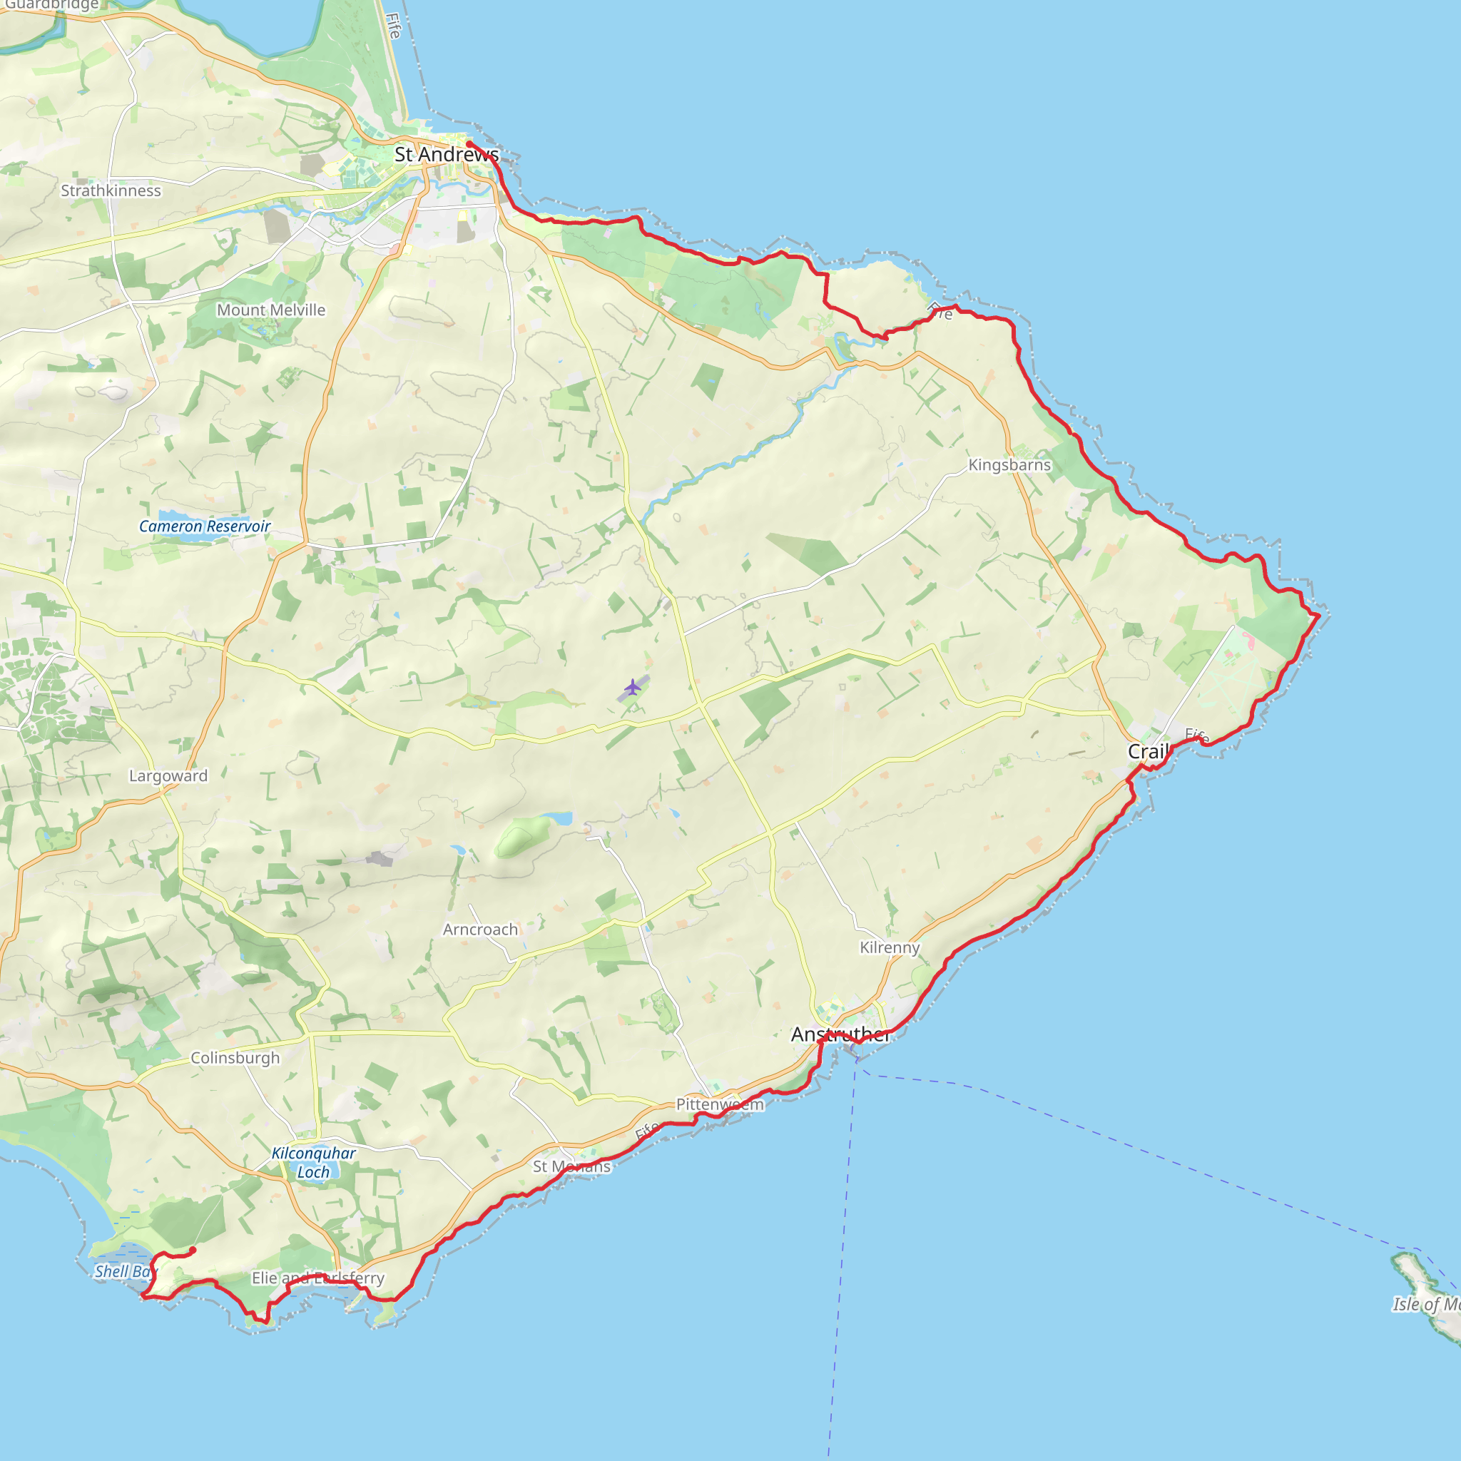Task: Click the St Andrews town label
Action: coord(446,154)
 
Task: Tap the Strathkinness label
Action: coord(111,190)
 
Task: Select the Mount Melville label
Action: coord(270,310)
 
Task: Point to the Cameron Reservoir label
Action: coord(204,526)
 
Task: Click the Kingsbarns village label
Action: coord(1009,465)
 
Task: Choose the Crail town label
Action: coord(1148,752)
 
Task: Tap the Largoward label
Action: coord(168,776)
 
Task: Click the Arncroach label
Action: coord(480,930)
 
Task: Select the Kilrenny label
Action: coord(890,947)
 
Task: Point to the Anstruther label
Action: coord(840,1034)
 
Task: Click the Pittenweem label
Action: coord(719,1104)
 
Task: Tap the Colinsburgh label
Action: coord(235,1058)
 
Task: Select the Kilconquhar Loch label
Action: coord(313,1162)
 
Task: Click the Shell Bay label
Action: coord(125,1272)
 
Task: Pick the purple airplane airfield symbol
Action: coord(633,688)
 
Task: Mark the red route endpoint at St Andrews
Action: coord(469,143)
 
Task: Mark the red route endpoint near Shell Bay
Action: coord(193,1250)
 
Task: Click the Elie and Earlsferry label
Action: coord(317,1278)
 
